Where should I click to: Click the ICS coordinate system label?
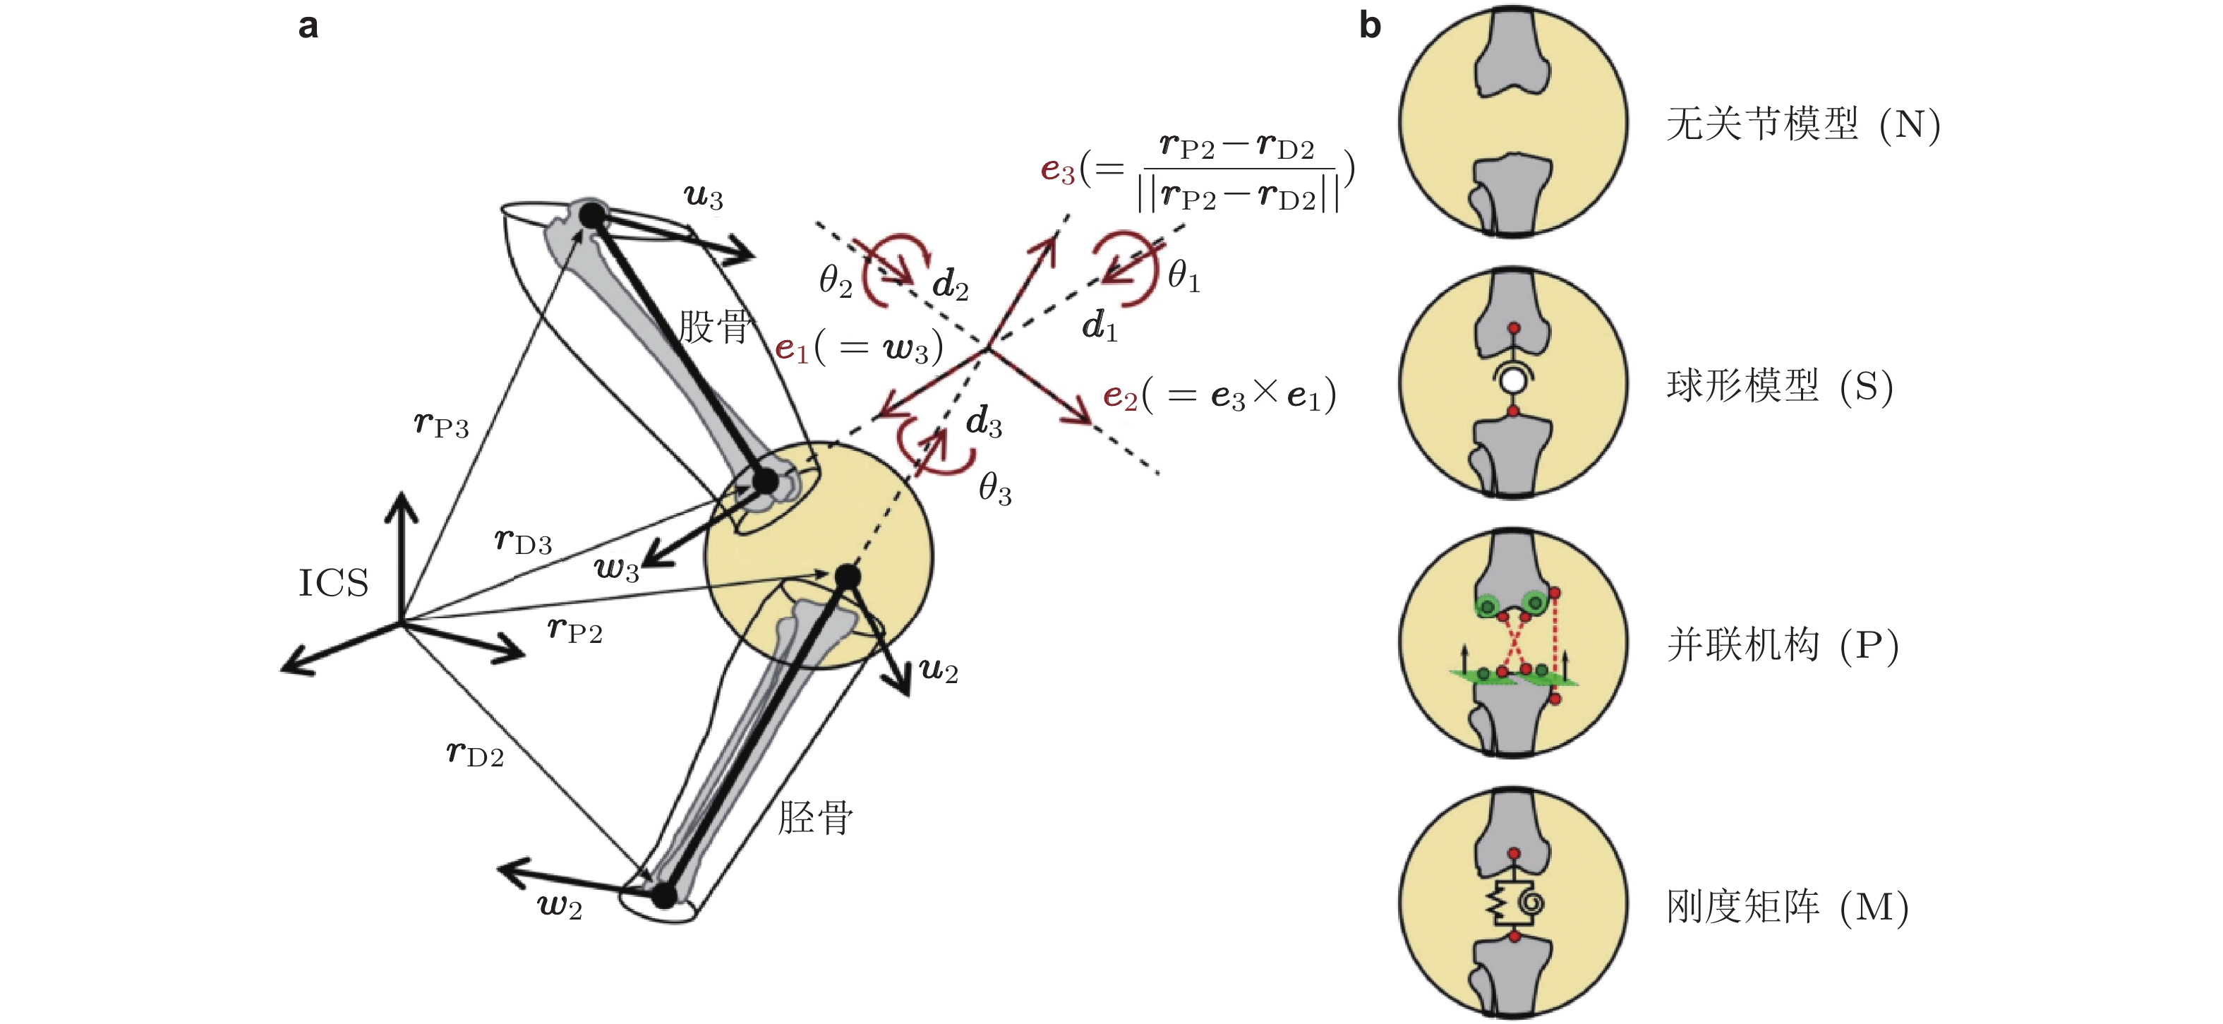point(333,583)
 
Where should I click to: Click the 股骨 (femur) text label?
point(713,327)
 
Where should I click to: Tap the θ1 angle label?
point(1183,277)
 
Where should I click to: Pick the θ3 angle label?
point(994,489)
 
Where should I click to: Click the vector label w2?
point(559,906)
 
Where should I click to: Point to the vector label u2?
point(938,670)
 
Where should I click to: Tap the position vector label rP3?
point(441,424)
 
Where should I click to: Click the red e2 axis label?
point(1120,396)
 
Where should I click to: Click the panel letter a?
point(308,26)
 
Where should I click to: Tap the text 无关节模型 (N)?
point(1802,124)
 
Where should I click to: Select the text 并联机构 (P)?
point(1782,645)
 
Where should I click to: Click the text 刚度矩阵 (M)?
point(1786,907)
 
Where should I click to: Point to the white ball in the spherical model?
point(1512,380)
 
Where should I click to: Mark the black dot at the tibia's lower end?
point(663,896)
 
